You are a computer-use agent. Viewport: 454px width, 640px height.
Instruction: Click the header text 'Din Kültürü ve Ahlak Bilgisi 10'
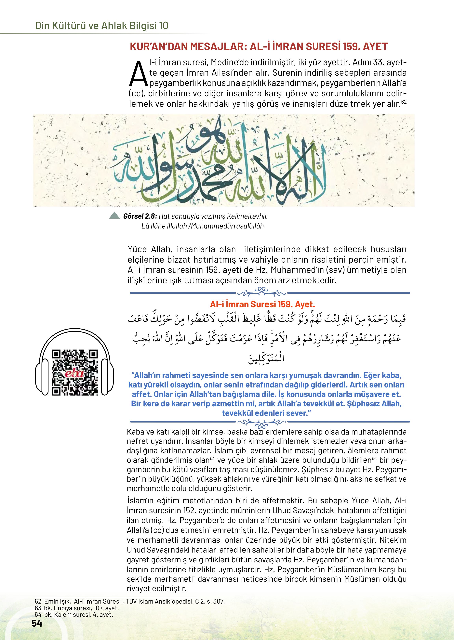[x=101, y=26]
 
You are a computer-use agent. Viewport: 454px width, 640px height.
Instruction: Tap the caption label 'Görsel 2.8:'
[x=140, y=216]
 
